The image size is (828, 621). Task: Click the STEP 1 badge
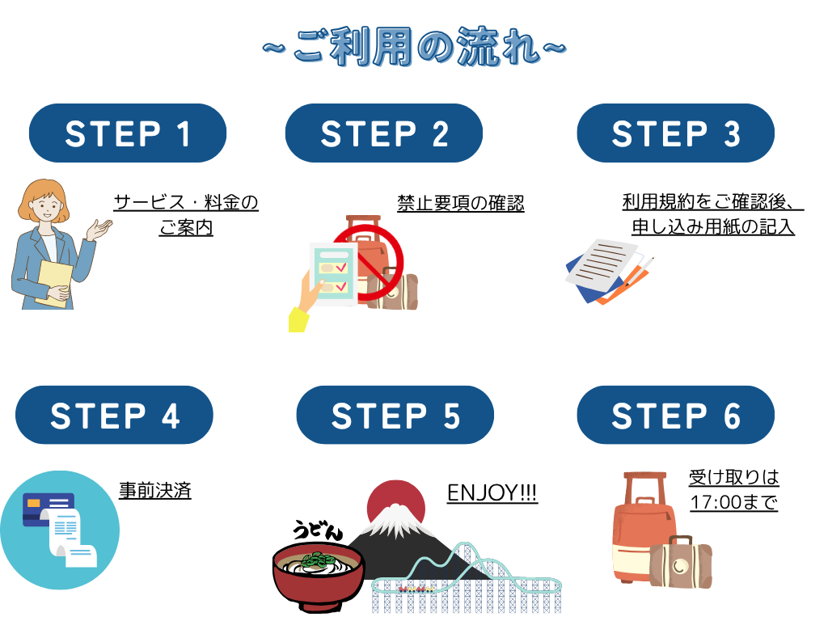[x=127, y=133]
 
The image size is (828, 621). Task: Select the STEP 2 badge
[x=384, y=133]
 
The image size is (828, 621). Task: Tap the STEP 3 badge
[x=675, y=133]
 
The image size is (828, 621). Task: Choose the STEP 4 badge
[x=114, y=415]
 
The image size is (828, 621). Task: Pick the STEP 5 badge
[x=395, y=415]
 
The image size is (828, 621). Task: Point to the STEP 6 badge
[x=675, y=415]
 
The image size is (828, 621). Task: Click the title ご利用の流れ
[x=415, y=47]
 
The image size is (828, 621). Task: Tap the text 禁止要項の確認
[x=460, y=203]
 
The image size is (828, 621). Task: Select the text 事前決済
[x=154, y=491]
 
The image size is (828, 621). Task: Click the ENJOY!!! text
[x=492, y=492]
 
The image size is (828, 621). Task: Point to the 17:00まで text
[x=734, y=501]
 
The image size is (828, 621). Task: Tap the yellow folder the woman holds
[x=54, y=283]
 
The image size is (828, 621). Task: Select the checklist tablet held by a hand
[x=333, y=273]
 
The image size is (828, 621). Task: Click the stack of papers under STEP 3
[x=607, y=271]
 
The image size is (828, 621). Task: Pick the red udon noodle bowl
[x=319, y=576]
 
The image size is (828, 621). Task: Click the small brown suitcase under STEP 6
[x=680, y=562]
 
